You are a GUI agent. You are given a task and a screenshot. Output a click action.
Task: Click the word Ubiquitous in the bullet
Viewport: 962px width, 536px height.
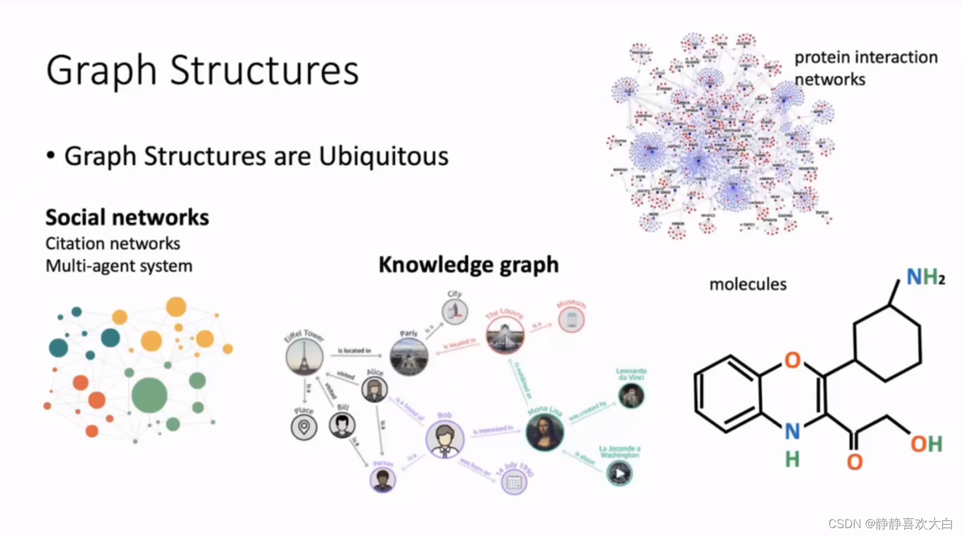coord(383,157)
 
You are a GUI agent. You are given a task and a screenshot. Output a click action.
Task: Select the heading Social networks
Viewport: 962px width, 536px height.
coord(127,218)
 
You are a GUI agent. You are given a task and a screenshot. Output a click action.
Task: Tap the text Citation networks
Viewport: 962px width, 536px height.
coord(113,244)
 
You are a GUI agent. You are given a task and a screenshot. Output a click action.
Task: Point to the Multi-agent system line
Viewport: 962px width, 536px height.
coord(119,266)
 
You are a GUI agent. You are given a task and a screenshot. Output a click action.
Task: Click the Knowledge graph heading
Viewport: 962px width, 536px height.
coord(469,265)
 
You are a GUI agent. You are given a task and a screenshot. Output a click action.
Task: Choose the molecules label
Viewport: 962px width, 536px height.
coord(748,284)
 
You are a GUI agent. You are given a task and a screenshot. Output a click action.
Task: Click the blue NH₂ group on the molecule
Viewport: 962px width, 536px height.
coord(925,277)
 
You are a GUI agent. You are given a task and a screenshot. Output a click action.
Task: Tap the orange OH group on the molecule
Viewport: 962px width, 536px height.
coord(926,444)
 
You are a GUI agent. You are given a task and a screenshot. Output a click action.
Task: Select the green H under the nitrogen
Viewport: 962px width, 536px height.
coord(792,459)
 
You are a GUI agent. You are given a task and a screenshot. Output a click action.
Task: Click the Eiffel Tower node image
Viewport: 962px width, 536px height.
coord(304,357)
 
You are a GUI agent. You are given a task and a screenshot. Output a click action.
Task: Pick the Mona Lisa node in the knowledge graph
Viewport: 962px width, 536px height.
coord(545,432)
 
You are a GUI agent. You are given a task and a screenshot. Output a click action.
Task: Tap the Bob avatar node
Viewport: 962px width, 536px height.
coord(445,439)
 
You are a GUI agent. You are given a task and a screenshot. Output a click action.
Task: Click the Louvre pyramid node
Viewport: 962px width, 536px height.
coord(505,335)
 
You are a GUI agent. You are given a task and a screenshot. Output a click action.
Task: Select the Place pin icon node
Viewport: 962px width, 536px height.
coord(304,427)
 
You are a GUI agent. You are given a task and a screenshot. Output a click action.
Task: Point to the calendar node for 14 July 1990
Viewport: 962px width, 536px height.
coord(514,483)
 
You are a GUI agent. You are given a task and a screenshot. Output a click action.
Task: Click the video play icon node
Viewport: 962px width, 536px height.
coord(619,473)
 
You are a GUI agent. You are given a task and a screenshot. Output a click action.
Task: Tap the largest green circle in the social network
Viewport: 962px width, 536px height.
coord(149,395)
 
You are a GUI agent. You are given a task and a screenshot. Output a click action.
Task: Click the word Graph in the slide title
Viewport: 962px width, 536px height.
coord(102,71)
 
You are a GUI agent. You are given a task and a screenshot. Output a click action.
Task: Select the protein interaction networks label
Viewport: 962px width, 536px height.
coord(865,68)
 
